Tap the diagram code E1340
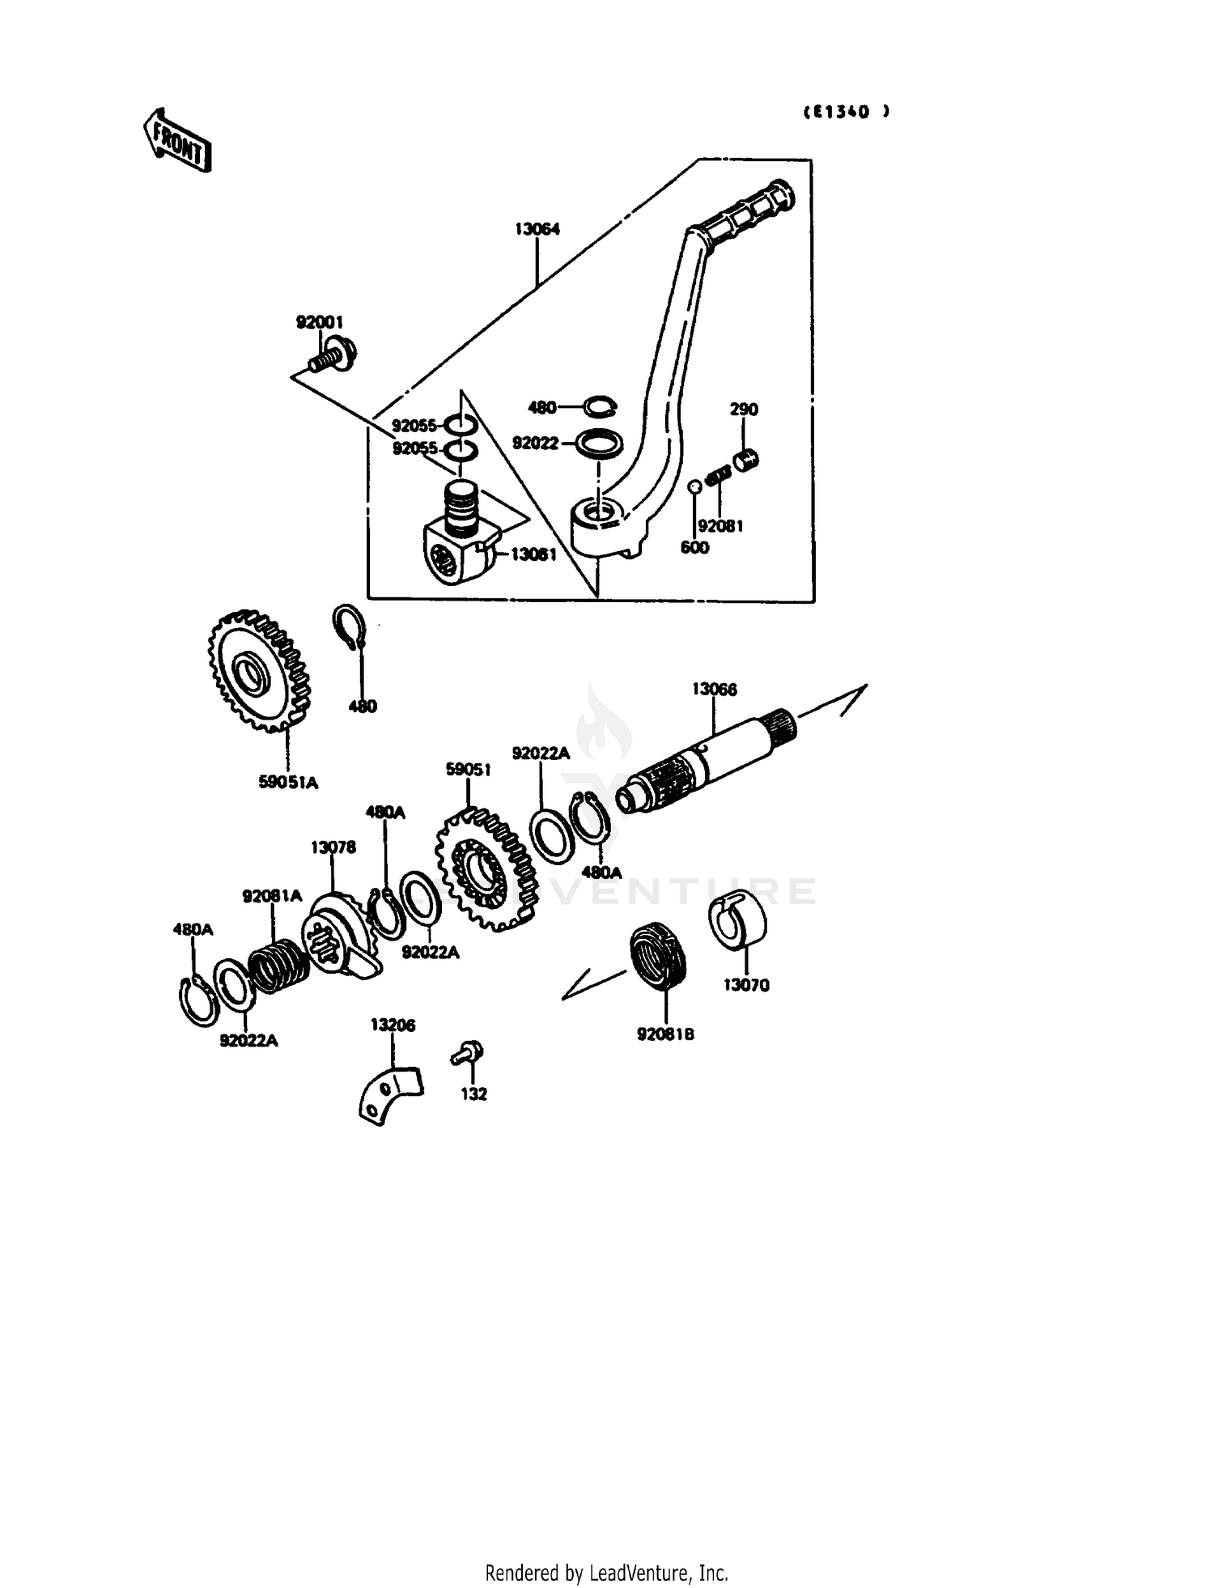click(846, 113)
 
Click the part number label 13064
click(537, 229)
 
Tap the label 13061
click(533, 554)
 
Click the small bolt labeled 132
click(468, 1053)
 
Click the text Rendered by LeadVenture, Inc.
click(606, 1573)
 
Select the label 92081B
click(665, 1034)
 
